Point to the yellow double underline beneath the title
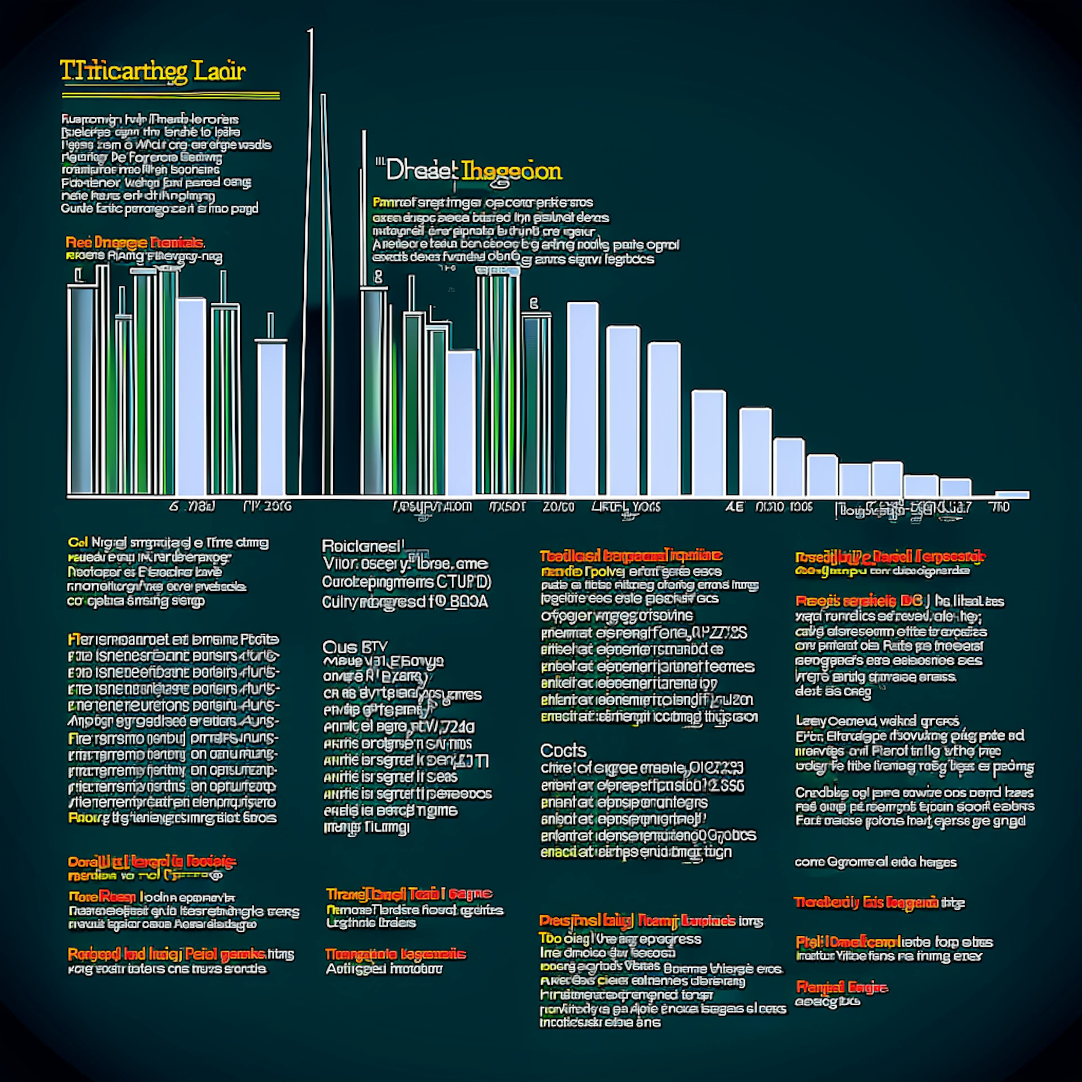click(171, 96)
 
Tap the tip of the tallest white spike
click(311, 31)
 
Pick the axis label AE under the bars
click(734, 507)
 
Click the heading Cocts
click(563, 750)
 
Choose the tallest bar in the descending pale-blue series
click(582, 398)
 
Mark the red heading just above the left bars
click(134, 243)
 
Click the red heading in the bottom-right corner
click(841, 987)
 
